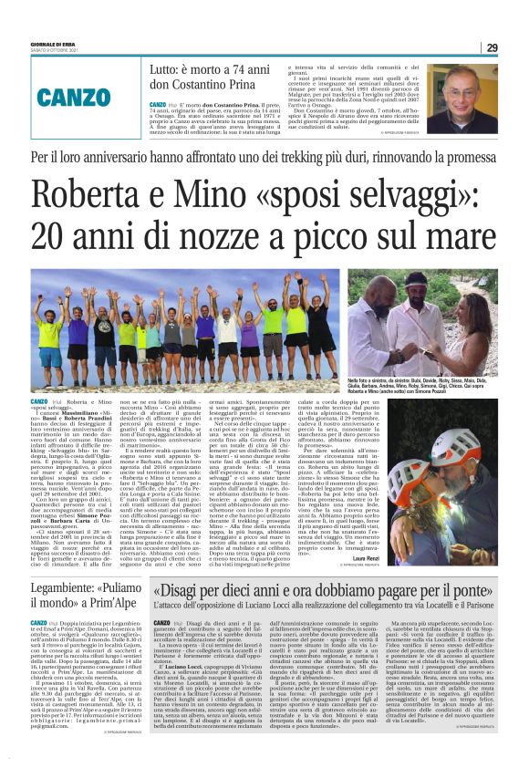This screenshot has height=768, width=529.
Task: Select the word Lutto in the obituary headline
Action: tap(164, 67)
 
